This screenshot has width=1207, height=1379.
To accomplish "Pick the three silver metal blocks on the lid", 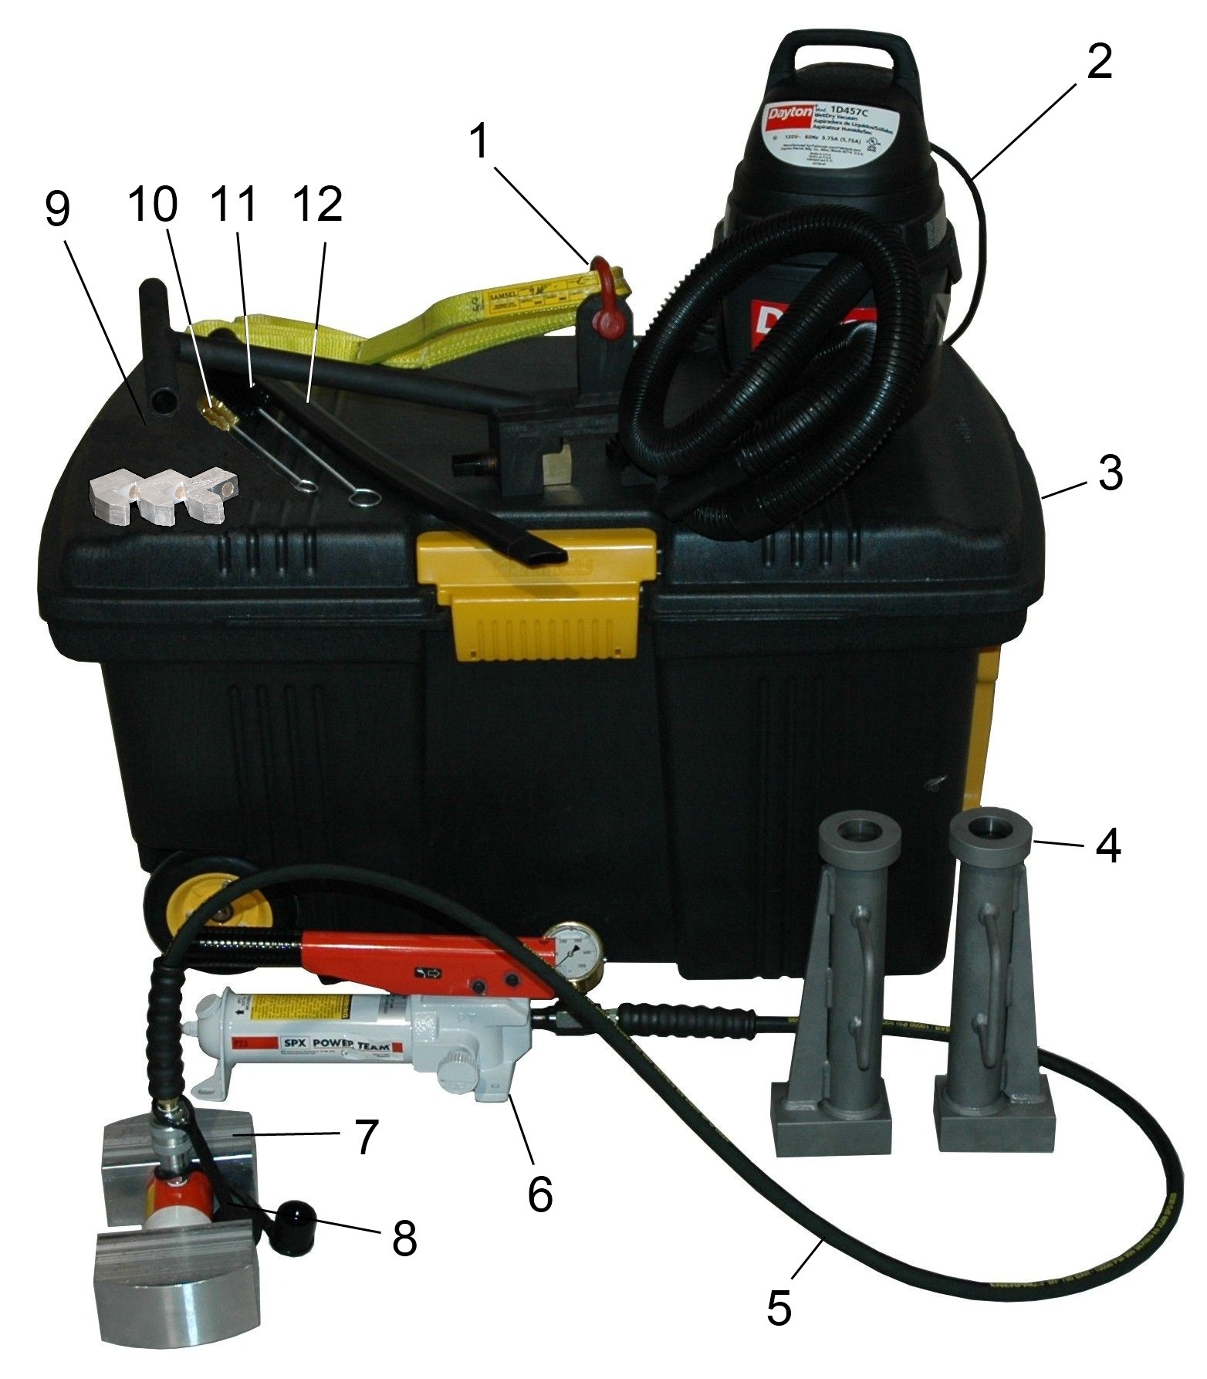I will click(163, 496).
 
